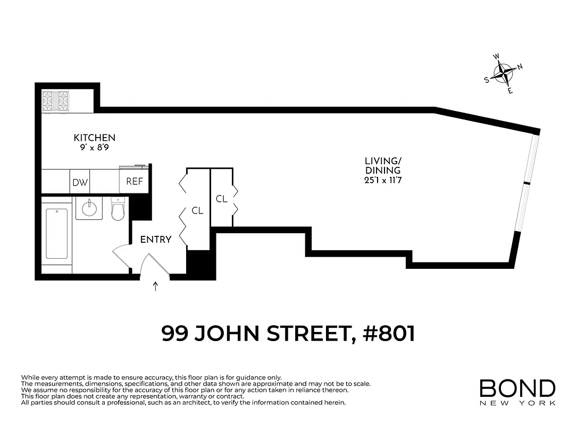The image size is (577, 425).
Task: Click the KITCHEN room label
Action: coord(94,138)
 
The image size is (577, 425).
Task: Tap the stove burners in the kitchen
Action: coord(55,100)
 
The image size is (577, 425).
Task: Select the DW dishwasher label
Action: coord(80,183)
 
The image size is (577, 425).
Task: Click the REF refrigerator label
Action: coord(135,181)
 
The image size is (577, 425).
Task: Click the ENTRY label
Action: coord(155,240)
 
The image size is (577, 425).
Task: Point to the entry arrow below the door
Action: coord(155,287)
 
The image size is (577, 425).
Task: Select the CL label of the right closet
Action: coord(222,199)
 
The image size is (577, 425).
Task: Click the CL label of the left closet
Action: coord(197,211)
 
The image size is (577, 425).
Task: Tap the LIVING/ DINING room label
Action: coord(382,166)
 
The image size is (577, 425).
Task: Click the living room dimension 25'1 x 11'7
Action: coord(382,181)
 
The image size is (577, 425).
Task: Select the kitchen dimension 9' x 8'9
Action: coord(94,149)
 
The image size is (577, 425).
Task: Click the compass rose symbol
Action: coord(501,74)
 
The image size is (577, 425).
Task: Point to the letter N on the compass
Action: coord(520,66)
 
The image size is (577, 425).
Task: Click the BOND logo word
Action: coord(517,388)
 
